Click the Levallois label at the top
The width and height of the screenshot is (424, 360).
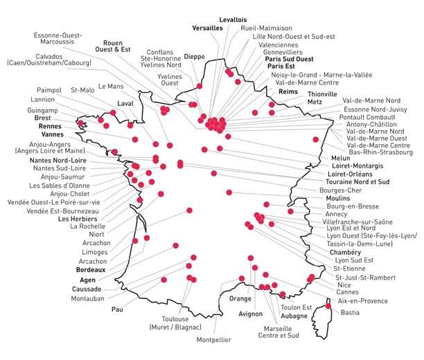pyautogui.click(x=233, y=19)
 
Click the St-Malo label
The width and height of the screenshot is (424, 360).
pyautogui.click(x=83, y=90)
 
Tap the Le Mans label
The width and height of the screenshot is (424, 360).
pyautogui.click(x=111, y=87)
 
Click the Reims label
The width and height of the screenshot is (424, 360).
pyautogui.click(x=288, y=91)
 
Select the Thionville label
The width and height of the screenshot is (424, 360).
pyautogui.click(x=321, y=93)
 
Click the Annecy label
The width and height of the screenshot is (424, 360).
pyautogui.click(x=337, y=214)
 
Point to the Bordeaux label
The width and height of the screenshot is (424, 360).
pyautogui.click(x=83, y=270)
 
